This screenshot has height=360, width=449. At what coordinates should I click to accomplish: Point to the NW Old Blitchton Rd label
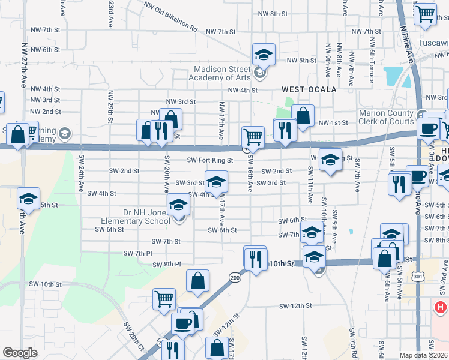(x=170, y=16)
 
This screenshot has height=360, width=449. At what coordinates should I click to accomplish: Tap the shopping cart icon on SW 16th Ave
(x=253, y=137)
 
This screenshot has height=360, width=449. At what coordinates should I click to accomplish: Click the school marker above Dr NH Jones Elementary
(x=178, y=205)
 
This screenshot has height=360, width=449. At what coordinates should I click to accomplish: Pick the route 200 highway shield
(x=234, y=278)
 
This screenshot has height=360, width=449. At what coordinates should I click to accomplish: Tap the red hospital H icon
(x=441, y=307)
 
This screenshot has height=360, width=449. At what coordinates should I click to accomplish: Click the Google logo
(x=20, y=353)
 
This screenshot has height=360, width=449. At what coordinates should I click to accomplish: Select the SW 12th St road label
(x=295, y=305)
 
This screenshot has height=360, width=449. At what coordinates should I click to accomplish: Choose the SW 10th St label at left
(x=45, y=284)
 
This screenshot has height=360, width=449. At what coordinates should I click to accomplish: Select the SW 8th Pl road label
(x=166, y=264)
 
